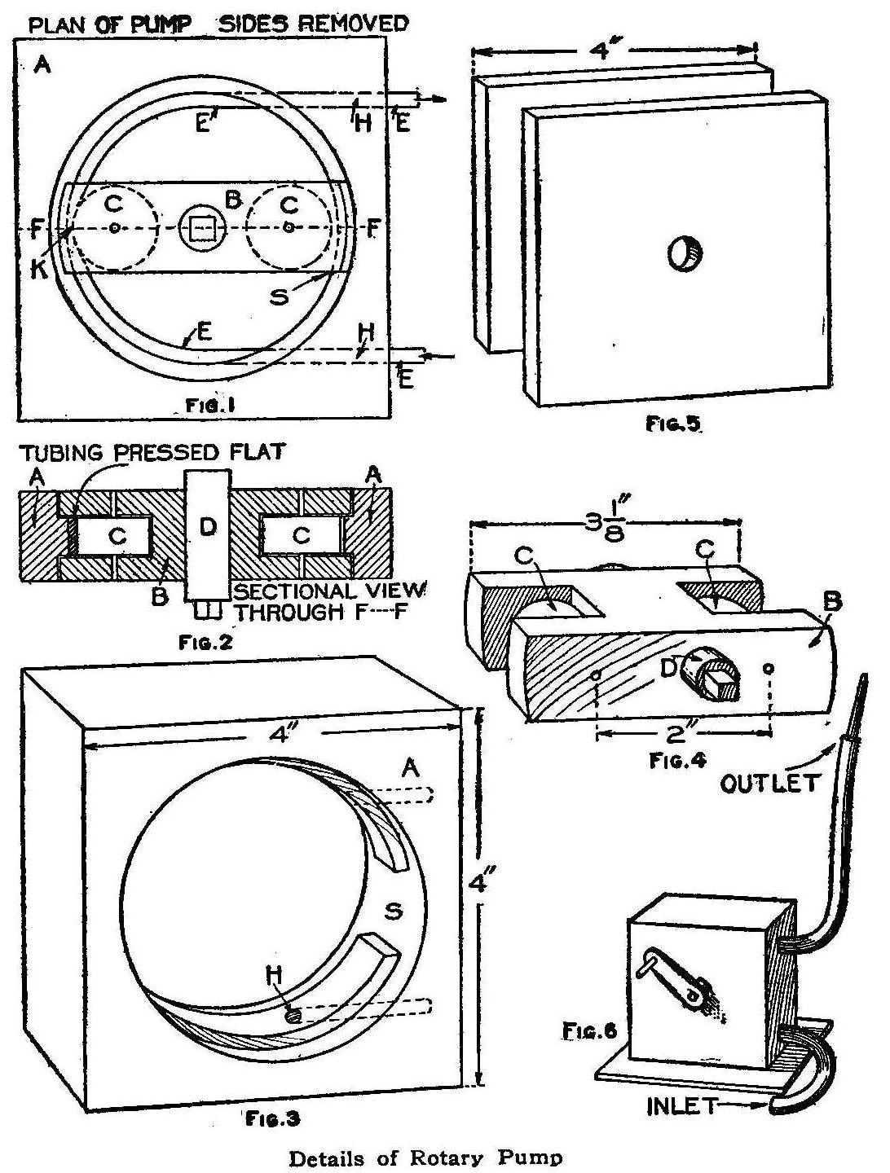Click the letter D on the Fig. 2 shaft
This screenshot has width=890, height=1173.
208,528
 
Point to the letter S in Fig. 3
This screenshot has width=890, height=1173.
394,911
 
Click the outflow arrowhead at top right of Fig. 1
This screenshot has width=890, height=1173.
441,99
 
